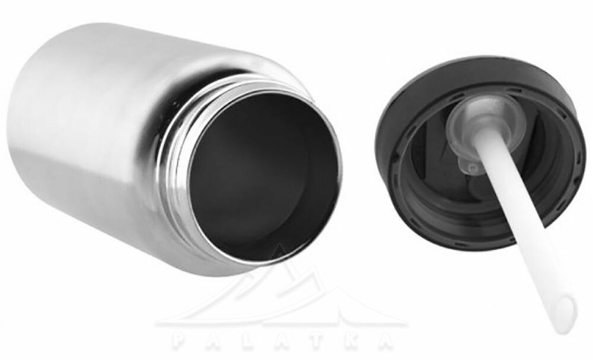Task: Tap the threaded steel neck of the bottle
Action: click(x=178, y=151)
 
